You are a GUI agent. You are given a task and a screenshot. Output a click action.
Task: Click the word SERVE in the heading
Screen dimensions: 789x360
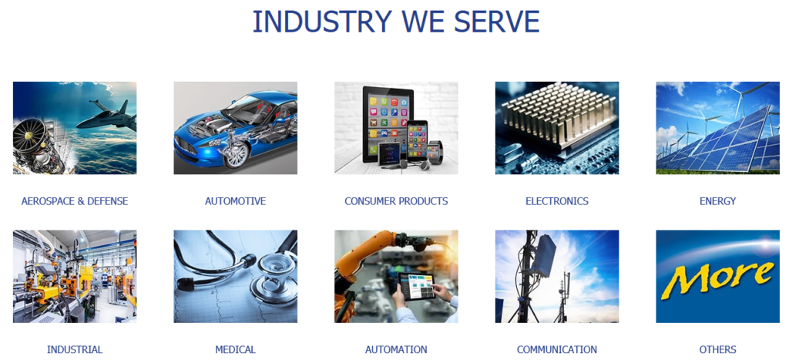click(497, 22)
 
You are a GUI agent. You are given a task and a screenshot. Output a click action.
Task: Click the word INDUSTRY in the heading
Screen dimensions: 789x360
click(322, 22)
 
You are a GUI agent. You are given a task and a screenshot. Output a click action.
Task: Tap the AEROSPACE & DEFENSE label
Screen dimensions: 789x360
click(75, 201)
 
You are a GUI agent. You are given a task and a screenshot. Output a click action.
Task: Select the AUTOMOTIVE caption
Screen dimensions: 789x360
click(236, 201)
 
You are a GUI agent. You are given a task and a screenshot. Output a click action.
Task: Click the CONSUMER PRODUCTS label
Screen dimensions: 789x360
click(396, 201)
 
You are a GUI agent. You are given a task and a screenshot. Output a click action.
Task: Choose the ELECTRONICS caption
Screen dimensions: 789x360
click(557, 201)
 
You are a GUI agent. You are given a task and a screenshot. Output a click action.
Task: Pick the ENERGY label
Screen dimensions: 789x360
click(717, 201)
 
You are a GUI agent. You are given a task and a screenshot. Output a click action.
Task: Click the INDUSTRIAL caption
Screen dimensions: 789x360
click(75, 349)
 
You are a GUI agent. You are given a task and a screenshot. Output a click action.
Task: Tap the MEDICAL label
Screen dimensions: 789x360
click(236, 349)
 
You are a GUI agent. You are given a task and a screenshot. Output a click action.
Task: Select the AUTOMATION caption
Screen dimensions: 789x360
click(396, 349)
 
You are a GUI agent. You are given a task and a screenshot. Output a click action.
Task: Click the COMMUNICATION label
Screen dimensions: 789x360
click(557, 349)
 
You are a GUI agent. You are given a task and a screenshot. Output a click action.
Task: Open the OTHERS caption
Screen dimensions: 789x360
click(717, 349)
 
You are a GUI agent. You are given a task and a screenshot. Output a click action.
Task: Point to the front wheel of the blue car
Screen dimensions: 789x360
click(236, 154)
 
